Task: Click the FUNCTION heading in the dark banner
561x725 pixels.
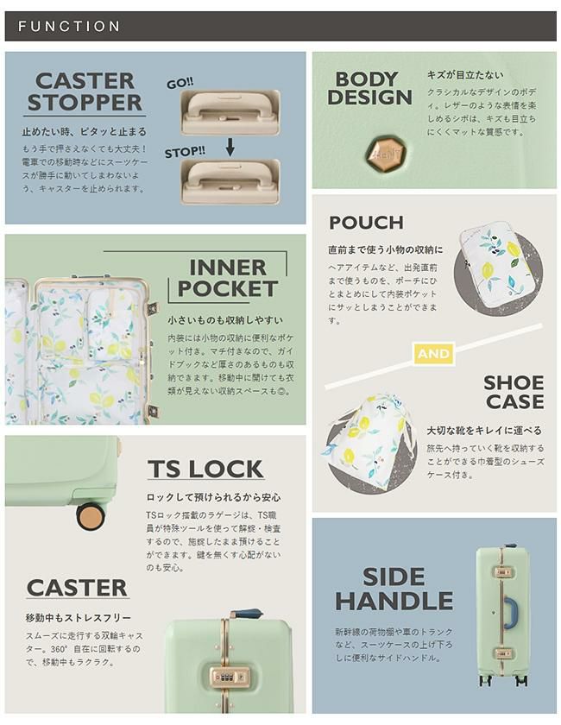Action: pyautogui.click(x=69, y=27)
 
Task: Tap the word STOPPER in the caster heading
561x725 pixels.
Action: pyautogui.click(x=85, y=102)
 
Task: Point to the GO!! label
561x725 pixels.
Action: pyautogui.click(x=180, y=84)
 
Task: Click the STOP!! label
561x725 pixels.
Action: pyautogui.click(x=185, y=152)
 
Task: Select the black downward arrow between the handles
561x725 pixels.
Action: pyautogui.click(x=230, y=147)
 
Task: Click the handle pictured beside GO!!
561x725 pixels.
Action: pyautogui.click(x=230, y=112)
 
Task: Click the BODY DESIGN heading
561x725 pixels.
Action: pyautogui.click(x=369, y=88)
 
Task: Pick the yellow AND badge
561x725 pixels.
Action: pyautogui.click(x=434, y=354)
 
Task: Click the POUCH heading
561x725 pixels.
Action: pyautogui.click(x=366, y=223)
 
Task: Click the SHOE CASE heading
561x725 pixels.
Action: pyautogui.click(x=514, y=392)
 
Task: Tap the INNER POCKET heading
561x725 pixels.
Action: pyautogui.click(x=228, y=277)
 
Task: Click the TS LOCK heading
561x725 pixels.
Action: pyautogui.click(x=205, y=469)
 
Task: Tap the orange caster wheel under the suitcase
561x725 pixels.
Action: pyautogui.click(x=91, y=516)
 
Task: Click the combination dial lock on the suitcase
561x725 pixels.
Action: pyautogui.click(x=230, y=677)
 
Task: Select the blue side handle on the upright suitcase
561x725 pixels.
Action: pyautogui.click(x=509, y=613)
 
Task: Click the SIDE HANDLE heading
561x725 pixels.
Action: pyautogui.click(x=394, y=589)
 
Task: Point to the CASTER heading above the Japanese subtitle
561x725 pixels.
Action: pyautogui.click(x=77, y=588)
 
